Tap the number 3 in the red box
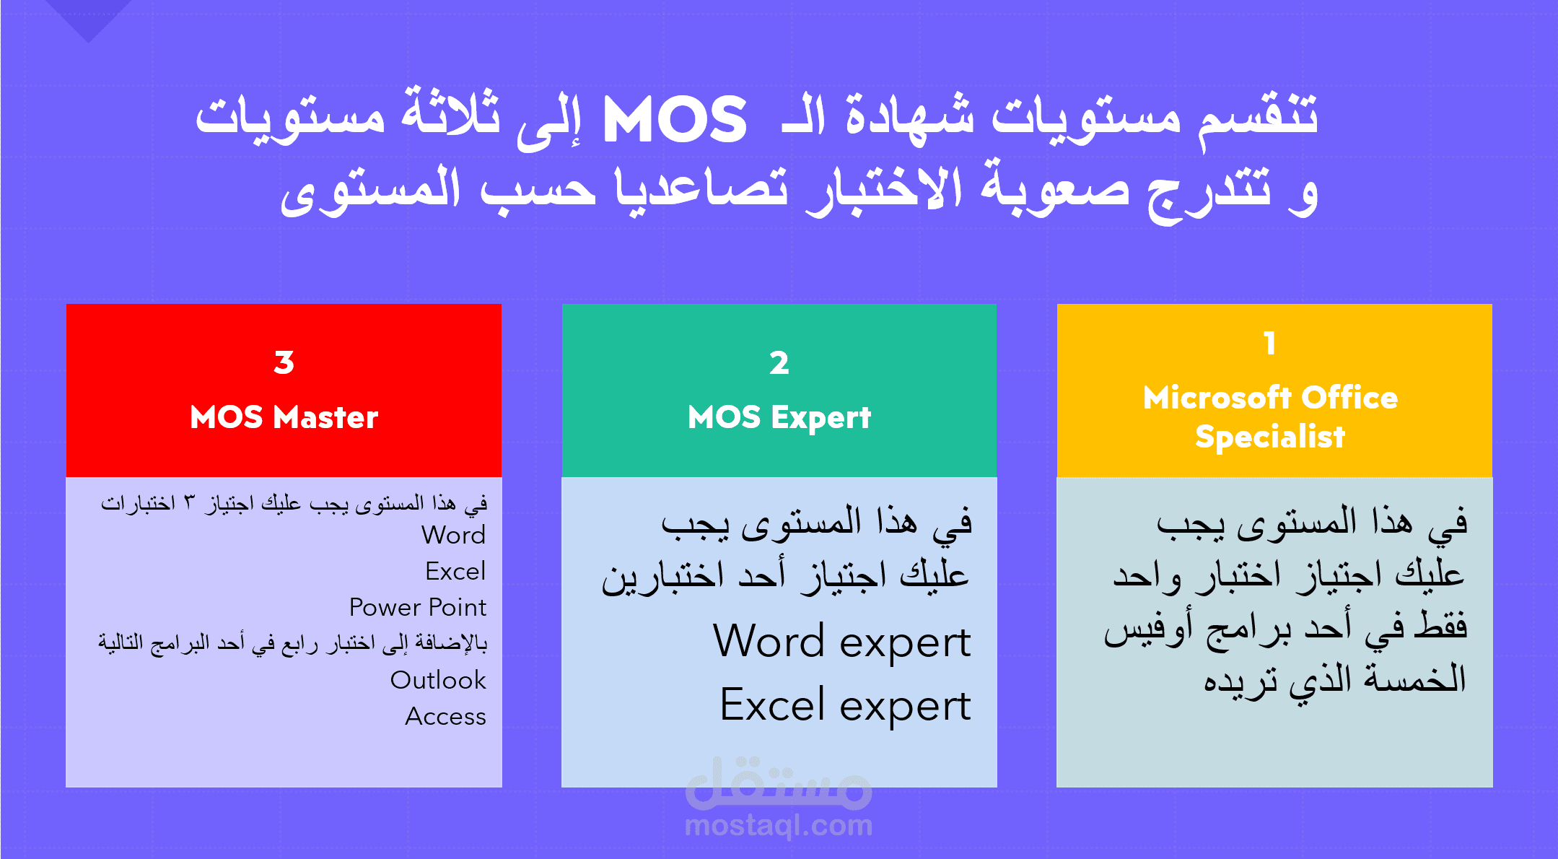284,362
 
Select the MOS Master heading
284,417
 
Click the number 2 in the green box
779,362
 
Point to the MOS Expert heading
779,418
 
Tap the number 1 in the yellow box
1270,344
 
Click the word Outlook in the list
438,680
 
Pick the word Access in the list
445,716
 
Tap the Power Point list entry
418,607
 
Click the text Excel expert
845,705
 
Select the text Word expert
842,642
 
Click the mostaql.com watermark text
779,825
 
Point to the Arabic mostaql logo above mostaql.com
779,783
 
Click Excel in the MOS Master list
455,571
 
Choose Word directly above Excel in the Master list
454,535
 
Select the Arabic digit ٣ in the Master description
190,502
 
